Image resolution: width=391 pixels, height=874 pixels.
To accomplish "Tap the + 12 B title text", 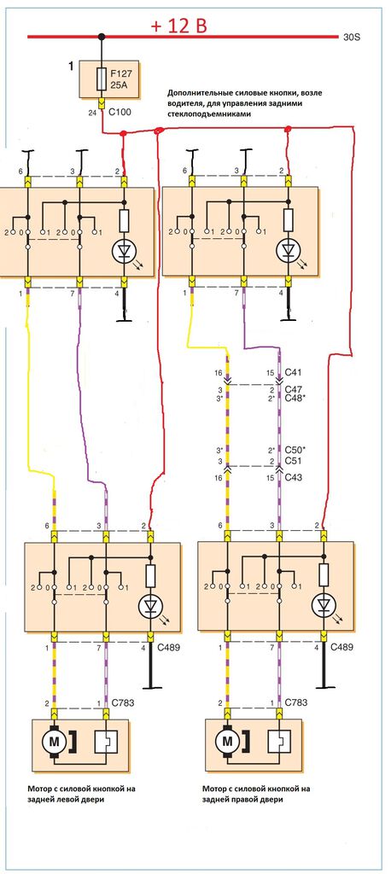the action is pos(178,26).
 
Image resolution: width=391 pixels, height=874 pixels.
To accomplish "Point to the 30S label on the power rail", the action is pos(352,38).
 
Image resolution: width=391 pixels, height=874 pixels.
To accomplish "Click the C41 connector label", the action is pos(294,372).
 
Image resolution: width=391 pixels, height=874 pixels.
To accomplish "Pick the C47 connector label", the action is pos(294,389).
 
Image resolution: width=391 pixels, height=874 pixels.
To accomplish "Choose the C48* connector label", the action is pos(295,399).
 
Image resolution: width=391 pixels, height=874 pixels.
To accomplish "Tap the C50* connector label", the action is pos(295,449).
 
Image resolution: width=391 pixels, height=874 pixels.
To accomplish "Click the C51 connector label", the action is pos(294,461).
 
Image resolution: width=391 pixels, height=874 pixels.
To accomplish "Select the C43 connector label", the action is pos(294,478).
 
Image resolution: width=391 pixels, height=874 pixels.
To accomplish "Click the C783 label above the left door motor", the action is pos(123,703).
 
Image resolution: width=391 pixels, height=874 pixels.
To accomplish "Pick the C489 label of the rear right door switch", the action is pos(342,647).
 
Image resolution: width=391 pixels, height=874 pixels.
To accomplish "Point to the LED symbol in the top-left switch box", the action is pos(125,250).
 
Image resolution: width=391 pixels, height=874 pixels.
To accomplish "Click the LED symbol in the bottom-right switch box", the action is pos(324,605).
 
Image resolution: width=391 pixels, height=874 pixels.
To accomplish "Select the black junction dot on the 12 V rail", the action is pos(102,38).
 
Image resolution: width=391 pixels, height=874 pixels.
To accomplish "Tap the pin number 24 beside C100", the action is pos(92,114).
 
